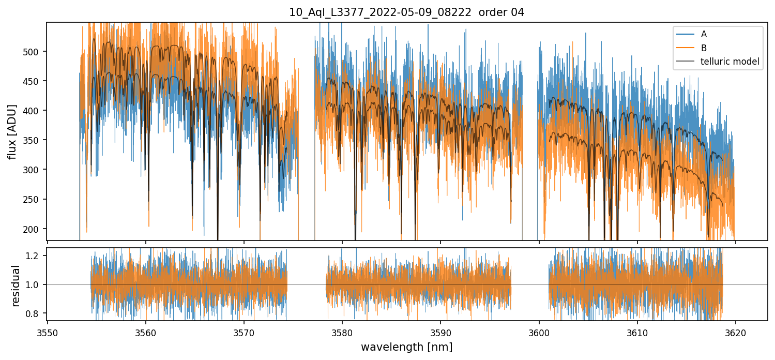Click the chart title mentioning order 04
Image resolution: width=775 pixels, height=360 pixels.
pos(406,12)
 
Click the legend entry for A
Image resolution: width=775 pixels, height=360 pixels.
pos(704,34)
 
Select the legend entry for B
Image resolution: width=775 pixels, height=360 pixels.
pos(704,48)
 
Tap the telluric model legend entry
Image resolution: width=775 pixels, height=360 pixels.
pos(730,62)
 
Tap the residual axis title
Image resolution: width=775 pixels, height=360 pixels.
pos(16,286)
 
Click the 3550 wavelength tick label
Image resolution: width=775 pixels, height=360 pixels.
pos(48,333)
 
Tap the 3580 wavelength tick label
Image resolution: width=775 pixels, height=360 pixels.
pos(342,333)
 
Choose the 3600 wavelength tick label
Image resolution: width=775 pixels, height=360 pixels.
pos(539,333)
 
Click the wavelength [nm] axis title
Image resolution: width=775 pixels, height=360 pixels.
pos(406,347)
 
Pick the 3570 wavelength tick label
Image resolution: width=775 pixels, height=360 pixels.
pos(244,333)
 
